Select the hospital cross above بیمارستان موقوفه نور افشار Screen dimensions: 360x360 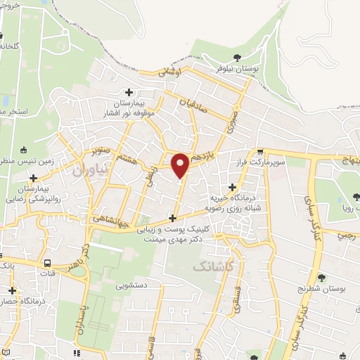coord(129,92)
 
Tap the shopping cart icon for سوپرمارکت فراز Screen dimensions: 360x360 coord(261,151)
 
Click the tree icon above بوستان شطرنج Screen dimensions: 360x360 coord(322,278)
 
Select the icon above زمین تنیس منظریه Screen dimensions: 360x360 coord(25,149)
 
